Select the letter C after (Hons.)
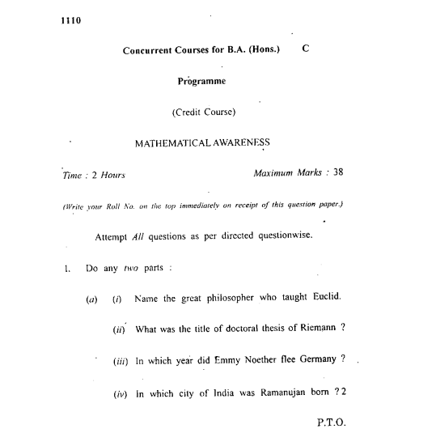click(x=305, y=49)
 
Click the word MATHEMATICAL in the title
click(x=176, y=142)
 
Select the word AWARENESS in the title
click(x=242, y=142)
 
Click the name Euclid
click(x=324, y=297)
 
